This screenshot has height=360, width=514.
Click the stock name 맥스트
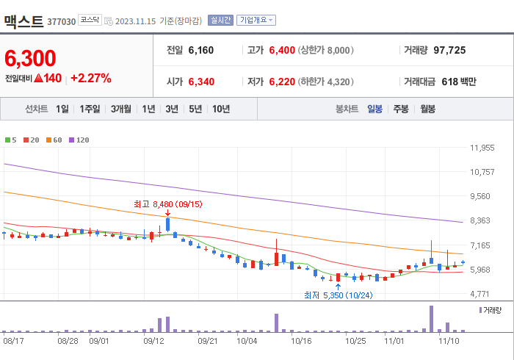click(23, 21)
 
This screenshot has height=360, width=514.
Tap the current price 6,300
click(30, 58)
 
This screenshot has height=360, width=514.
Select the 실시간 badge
click(220, 20)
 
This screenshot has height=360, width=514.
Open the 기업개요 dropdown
click(256, 20)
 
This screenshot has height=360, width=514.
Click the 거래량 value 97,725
click(449, 51)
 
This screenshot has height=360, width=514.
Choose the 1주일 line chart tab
click(90, 109)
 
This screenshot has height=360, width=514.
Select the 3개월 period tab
click(121, 109)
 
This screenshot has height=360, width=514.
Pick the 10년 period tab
click(220, 109)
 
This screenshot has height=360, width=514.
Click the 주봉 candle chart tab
click(401, 109)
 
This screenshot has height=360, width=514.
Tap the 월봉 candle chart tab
click(427, 109)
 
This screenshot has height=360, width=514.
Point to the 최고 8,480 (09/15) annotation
click(168, 204)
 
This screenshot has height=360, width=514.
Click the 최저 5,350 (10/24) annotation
click(339, 295)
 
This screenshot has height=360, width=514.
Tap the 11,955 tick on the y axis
click(482, 148)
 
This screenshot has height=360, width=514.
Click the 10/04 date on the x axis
click(247, 341)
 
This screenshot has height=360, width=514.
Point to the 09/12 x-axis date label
click(153, 341)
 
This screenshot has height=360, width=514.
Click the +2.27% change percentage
click(90, 79)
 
